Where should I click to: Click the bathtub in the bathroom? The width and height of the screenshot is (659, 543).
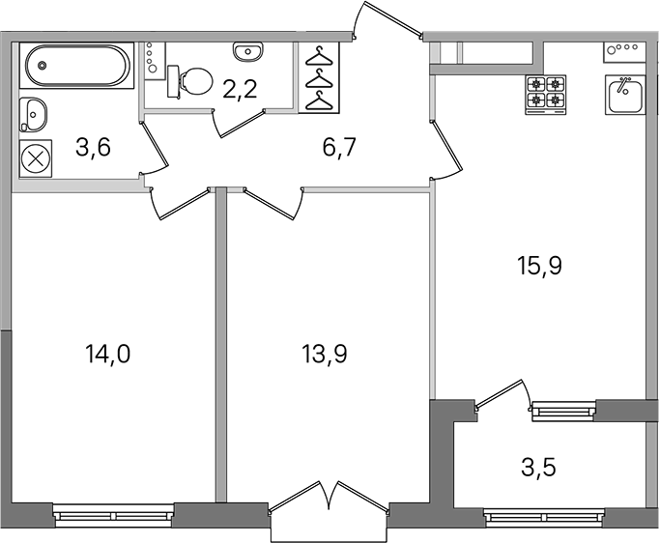(76, 66)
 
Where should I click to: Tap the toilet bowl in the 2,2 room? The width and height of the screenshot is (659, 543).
(190, 81)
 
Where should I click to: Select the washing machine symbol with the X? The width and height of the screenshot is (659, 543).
(36, 158)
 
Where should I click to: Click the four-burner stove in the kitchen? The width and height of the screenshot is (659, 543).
(546, 95)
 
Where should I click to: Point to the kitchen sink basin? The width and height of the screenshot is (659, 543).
(624, 95)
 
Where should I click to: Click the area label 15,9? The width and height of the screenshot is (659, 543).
(539, 267)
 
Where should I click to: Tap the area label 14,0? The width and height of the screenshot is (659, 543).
(107, 355)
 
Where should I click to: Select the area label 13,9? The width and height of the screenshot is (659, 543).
(325, 355)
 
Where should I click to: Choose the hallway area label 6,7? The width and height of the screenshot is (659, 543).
(339, 148)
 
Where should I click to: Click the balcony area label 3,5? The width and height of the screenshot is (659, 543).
(539, 468)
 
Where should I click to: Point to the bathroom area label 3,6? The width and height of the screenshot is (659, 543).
(94, 148)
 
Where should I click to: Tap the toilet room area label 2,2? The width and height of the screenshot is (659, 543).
(240, 89)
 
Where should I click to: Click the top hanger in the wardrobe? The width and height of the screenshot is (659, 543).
(319, 56)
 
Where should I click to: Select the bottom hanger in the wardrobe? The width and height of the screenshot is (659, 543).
(319, 100)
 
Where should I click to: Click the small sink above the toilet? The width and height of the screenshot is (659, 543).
(248, 51)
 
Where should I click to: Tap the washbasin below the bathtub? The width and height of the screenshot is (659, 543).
(33, 115)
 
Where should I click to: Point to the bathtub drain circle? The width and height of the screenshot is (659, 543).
(41, 66)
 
